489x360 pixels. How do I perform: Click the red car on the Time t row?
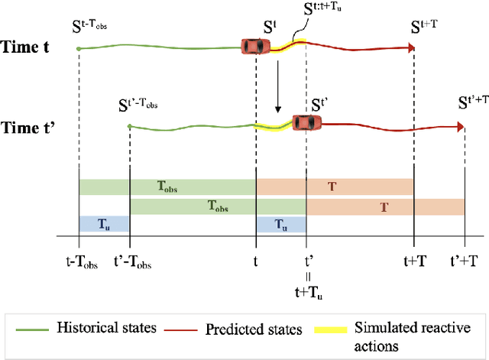coord(255,47)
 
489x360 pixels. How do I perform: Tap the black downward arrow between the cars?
coord(278,90)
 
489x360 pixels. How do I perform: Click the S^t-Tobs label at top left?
coord(99,28)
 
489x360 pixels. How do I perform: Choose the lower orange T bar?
coord(385,206)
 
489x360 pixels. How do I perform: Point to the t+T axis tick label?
coord(413,261)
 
